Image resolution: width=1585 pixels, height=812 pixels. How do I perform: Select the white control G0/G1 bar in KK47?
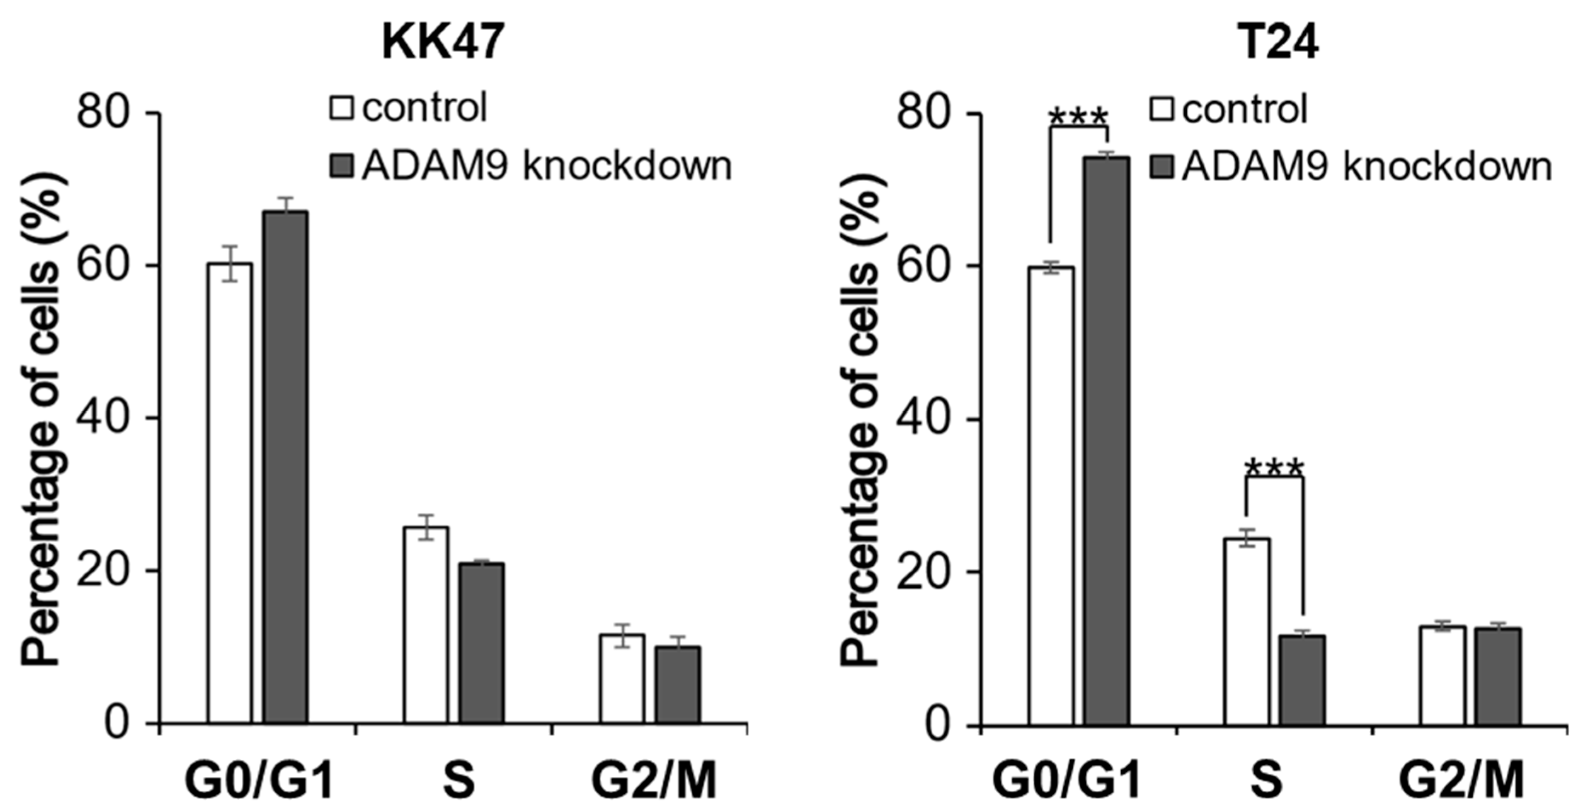point(229,492)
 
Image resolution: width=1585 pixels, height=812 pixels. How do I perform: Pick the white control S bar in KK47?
point(426,624)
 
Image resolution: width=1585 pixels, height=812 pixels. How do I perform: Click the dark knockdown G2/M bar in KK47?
point(677,684)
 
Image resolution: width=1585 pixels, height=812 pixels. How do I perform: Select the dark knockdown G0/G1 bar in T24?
point(1106,440)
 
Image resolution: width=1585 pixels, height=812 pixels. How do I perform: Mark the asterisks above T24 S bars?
point(1274,469)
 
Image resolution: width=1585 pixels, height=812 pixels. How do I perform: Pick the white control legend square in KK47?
point(342,108)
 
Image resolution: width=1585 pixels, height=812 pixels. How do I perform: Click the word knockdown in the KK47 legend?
point(628,166)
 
